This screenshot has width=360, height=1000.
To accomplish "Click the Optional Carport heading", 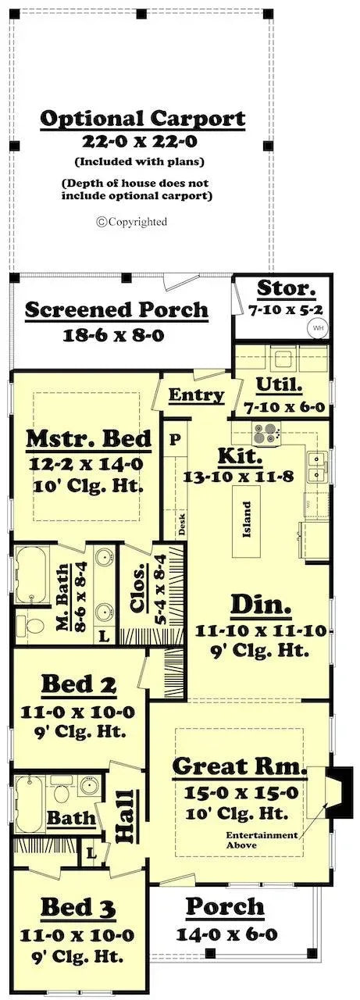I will coord(142,120).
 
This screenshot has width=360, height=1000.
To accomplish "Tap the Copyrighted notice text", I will coord(132,222).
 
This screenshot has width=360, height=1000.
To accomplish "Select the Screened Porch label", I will coord(116,309).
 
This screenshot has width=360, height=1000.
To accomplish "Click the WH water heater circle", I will coord(319,328).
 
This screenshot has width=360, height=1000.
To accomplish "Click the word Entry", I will coord(196,395).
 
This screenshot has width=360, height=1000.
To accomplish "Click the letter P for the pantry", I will coord(175,440).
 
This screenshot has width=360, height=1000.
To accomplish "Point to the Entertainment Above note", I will coord(262,840).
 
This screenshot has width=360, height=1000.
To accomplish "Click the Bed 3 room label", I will coord(79,908).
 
